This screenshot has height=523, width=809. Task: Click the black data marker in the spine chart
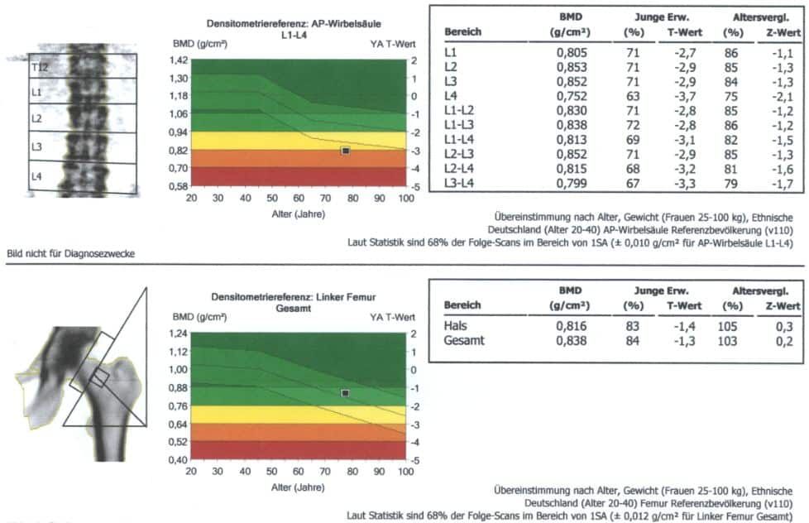pos(346,151)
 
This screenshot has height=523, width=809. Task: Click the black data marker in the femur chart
pos(345,393)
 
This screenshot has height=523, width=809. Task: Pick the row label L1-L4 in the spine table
pos(461,141)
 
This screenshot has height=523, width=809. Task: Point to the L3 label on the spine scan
pos(36,146)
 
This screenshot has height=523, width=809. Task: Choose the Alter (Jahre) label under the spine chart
pos(298,213)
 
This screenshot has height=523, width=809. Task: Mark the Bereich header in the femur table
pos(463,305)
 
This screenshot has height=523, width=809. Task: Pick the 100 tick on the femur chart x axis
pos(404,471)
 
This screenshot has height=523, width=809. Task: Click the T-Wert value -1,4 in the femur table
pos(677,326)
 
